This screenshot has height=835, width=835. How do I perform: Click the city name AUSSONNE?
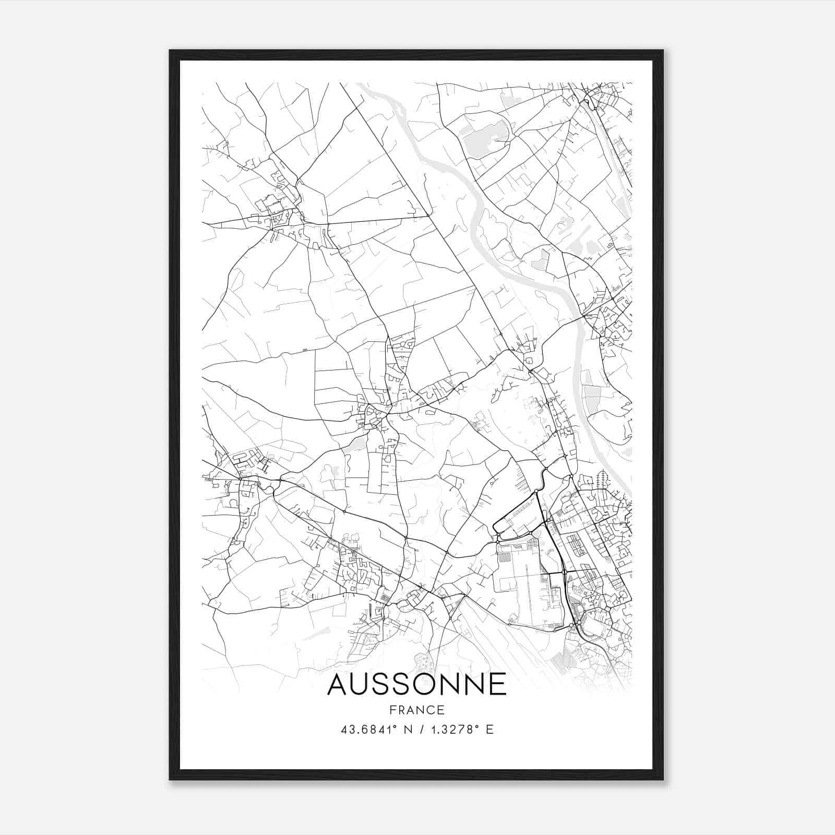pos(416,684)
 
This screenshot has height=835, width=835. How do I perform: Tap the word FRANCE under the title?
pos(416,710)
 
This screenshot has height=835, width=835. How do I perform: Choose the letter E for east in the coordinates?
pos(489,729)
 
